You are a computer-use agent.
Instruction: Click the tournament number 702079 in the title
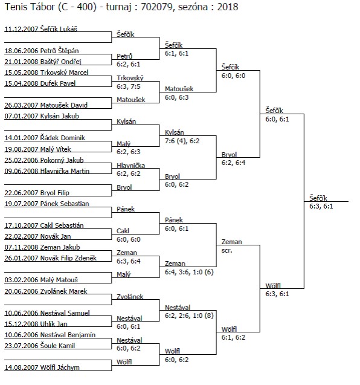(x=156, y=7)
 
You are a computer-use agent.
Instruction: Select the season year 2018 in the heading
(x=228, y=7)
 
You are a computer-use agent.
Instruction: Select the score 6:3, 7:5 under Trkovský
(x=128, y=86)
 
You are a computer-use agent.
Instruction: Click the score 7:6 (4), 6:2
(x=182, y=141)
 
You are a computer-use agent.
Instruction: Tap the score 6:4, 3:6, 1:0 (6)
(x=189, y=272)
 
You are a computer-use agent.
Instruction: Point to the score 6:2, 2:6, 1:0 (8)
(x=189, y=315)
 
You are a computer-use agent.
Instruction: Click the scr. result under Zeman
(x=227, y=251)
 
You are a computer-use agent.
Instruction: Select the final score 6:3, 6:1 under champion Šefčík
(x=321, y=206)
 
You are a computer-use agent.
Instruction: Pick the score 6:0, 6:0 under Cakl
(x=128, y=239)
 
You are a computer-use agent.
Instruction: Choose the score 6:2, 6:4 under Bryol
(x=233, y=163)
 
